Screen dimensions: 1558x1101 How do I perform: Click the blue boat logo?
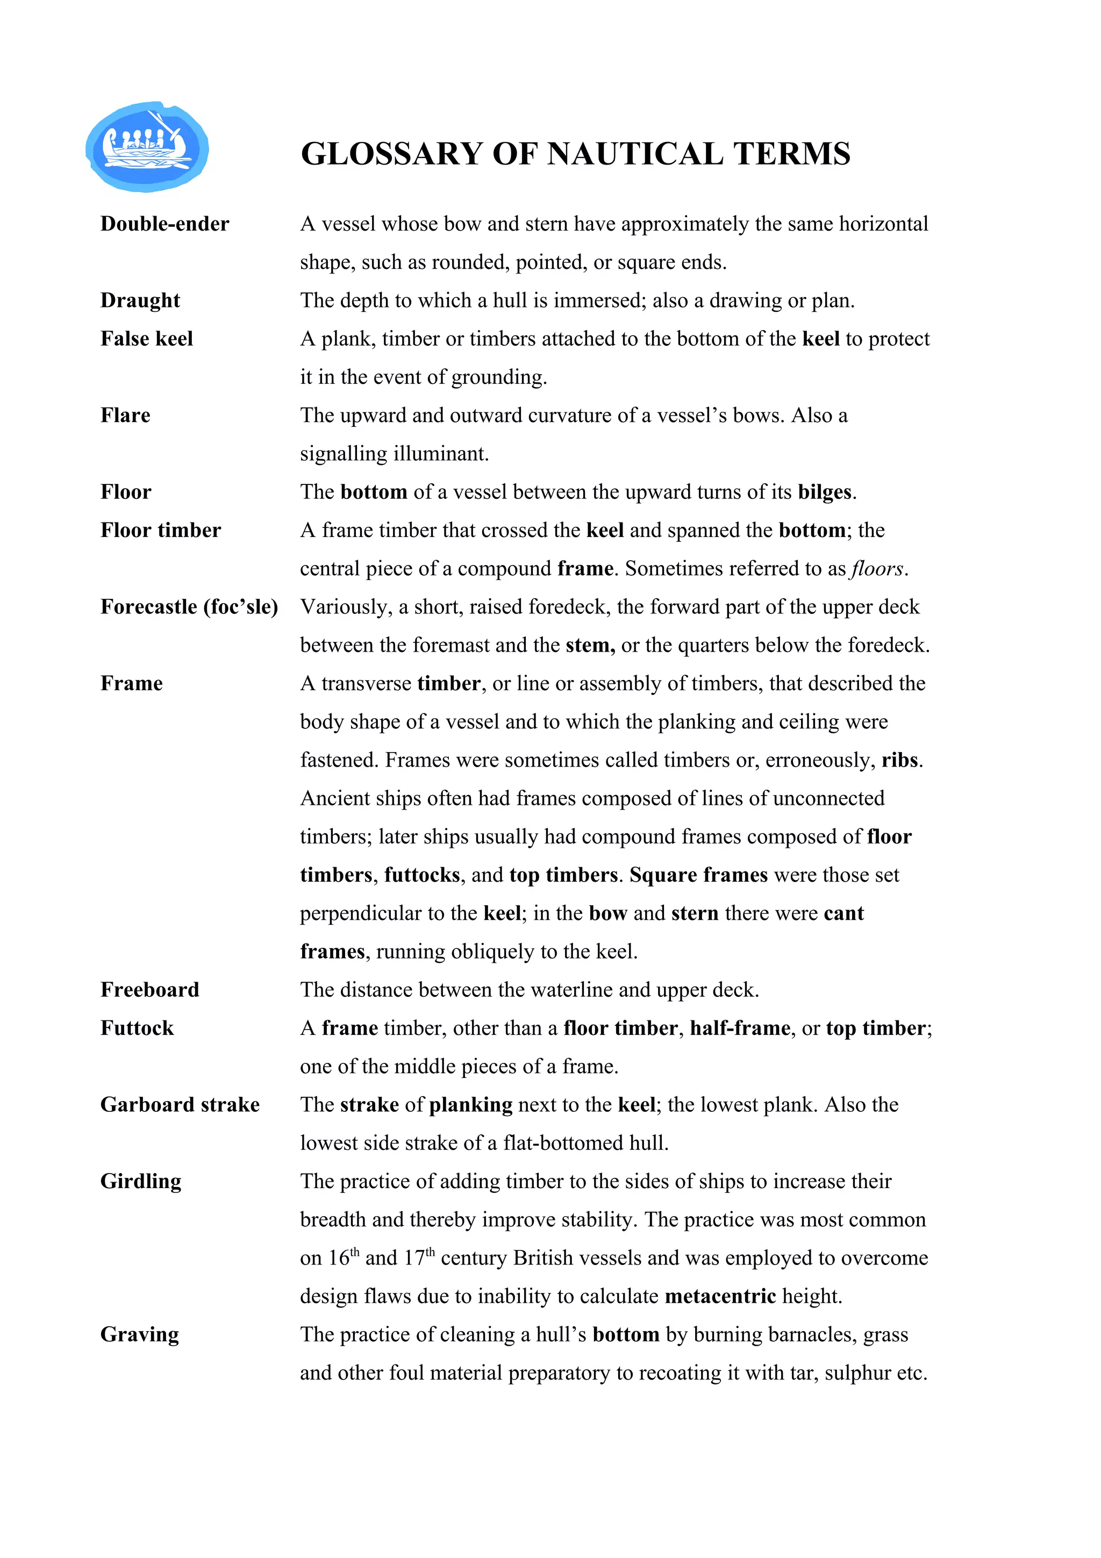click(x=147, y=147)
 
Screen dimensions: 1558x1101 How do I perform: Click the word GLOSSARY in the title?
click(x=391, y=154)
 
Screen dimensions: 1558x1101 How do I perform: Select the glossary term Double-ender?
click(x=165, y=224)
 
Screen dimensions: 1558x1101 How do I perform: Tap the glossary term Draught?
click(x=140, y=301)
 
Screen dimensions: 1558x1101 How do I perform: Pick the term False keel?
click(x=147, y=339)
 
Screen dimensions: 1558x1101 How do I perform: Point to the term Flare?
click(x=125, y=415)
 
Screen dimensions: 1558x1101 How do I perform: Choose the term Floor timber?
click(x=161, y=530)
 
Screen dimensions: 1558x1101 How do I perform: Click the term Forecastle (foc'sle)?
click(x=189, y=606)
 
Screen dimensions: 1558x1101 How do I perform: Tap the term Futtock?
click(x=137, y=1028)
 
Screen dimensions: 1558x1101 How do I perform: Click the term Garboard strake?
click(x=180, y=1105)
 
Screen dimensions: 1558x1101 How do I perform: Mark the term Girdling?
click(x=141, y=1181)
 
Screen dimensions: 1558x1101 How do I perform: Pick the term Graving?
click(x=140, y=1335)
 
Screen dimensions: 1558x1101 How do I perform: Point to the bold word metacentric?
click(x=720, y=1297)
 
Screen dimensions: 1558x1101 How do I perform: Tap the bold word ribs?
click(x=899, y=760)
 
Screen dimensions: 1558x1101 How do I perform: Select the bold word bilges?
click(x=824, y=492)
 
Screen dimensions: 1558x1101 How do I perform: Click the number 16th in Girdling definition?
click(x=344, y=1257)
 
